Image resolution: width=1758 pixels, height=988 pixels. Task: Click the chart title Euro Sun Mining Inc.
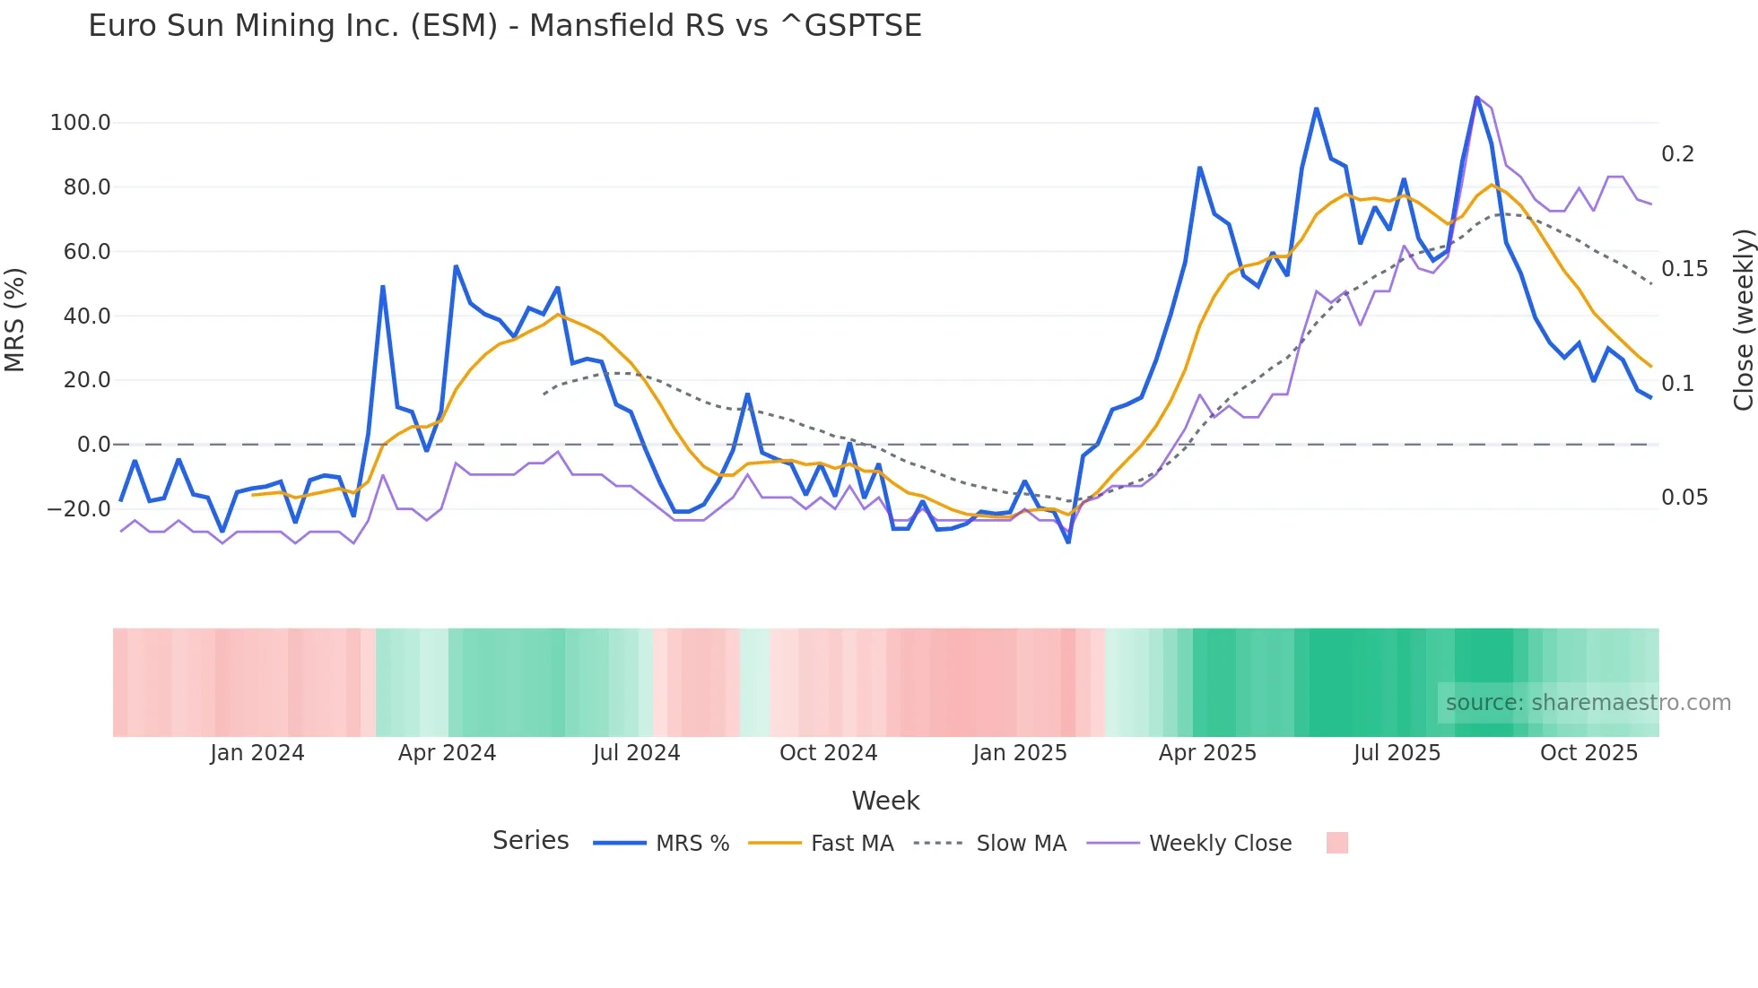click(x=504, y=26)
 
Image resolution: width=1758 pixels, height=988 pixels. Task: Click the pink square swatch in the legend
click(x=1336, y=843)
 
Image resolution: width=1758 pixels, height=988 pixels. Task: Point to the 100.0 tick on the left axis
click(x=81, y=123)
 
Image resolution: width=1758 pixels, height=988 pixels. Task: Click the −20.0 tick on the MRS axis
click(x=79, y=509)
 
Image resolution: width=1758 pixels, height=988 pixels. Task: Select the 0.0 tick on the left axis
click(x=93, y=445)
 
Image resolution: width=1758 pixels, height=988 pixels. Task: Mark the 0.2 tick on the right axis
click(x=1677, y=154)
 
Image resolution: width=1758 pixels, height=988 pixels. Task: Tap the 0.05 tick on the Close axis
click(x=1684, y=498)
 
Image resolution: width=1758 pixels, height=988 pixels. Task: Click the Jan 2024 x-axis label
click(x=257, y=753)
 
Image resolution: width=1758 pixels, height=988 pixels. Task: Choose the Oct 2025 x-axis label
click(x=1588, y=753)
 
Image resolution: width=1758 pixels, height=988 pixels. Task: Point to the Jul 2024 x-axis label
click(x=636, y=753)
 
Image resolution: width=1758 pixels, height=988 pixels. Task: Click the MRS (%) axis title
click(x=15, y=319)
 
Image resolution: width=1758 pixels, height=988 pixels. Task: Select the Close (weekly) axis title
click(x=1743, y=319)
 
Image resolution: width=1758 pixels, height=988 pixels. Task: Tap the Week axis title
click(x=885, y=801)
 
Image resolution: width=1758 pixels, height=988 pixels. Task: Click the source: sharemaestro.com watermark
click(x=1588, y=703)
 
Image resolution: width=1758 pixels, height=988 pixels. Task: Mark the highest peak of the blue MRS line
click(x=1476, y=97)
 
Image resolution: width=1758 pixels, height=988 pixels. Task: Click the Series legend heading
click(x=530, y=841)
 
